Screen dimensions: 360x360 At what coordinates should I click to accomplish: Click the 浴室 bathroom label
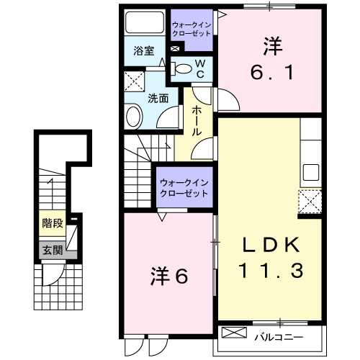[144, 50]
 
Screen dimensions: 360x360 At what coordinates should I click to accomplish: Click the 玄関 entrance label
[50, 251]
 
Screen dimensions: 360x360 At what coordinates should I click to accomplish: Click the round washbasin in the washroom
[135, 117]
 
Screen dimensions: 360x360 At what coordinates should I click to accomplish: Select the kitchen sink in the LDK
[310, 173]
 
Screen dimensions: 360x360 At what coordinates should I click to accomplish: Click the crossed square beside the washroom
[133, 80]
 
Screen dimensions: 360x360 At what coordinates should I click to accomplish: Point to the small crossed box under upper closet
[174, 49]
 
